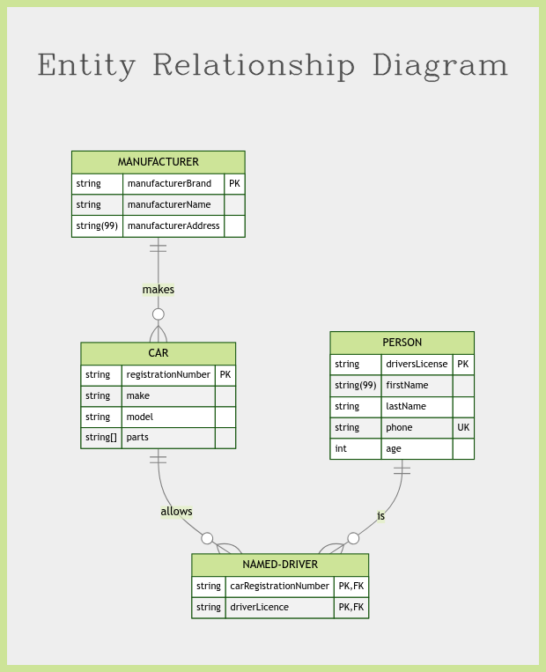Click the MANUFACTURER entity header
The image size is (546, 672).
click(x=159, y=162)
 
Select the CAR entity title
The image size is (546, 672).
click(x=159, y=353)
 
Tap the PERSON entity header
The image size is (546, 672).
click(x=402, y=343)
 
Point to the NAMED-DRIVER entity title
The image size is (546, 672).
click(x=280, y=565)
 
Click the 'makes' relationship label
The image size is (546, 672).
click(x=159, y=290)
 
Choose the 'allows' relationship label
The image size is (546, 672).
click(x=177, y=512)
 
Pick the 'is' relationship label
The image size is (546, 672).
click(x=381, y=516)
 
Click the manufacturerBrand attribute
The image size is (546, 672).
click(x=169, y=183)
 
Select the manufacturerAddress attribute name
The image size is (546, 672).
click(x=173, y=225)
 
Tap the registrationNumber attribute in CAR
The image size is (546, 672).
click(x=168, y=374)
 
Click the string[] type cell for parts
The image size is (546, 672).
click(x=100, y=438)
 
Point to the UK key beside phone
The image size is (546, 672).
click(x=463, y=427)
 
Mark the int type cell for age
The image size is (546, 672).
click(x=341, y=448)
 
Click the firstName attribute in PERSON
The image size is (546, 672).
click(x=407, y=385)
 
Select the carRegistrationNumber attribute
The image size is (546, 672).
click(x=279, y=586)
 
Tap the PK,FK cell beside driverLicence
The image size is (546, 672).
click(x=351, y=608)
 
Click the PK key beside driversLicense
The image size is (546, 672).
click(x=463, y=365)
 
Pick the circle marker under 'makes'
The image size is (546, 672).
click(x=159, y=314)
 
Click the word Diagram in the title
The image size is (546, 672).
click(x=440, y=65)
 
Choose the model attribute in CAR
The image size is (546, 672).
click(x=140, y=417)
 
